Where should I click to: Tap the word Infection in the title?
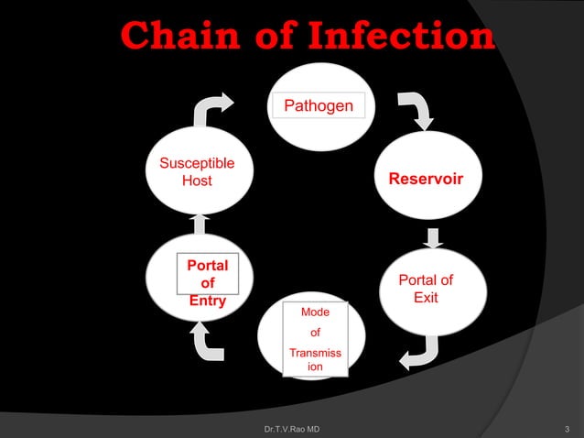pyautogui.click(x=402, y=38)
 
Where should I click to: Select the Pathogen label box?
pyautogui.click(x=318, y=106)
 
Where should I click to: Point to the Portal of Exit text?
pyautogui.click(x=425, y=290)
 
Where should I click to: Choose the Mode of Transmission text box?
pyautogui.click(x=315, y=339)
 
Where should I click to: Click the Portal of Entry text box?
pyautogui.click(x=208, y=282)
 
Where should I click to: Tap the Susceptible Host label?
pyautogui.click(x=197, y=172)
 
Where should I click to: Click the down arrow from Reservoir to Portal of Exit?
pyautogui.click(x=435, y=237)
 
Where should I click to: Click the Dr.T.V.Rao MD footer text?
pyautogui.click(x=291, y=429)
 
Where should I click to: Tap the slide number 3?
pyautogui.click(x=568, y=429)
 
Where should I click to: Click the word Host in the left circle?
pyautogui.click(x=197, y=181)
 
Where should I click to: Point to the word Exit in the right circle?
pyautogui.click(x=426, y=299)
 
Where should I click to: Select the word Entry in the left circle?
pyautogui.click(x=208, y=301)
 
